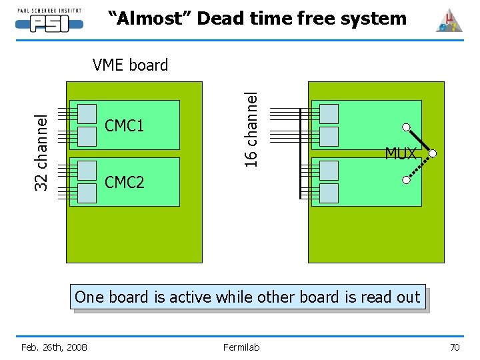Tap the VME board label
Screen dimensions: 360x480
[130, 65]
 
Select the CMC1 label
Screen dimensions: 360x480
[125, 125]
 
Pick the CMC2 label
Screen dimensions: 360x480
[125, 182]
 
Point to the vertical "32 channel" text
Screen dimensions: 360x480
[41, 153]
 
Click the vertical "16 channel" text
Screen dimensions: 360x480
[251, 129]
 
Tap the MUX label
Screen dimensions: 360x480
[400, 154]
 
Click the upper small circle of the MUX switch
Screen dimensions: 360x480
[405, 127]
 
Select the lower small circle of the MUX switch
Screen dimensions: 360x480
[405, 179]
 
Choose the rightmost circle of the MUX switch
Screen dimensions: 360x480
[433, 153]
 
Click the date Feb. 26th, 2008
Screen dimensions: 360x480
[54, 347]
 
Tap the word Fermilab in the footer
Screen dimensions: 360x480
[241, 347]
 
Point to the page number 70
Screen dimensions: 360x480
[455, 347]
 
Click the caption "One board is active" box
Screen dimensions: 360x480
[247, 297]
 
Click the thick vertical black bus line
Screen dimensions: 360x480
[301, 153]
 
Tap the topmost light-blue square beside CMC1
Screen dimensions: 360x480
[87, 113]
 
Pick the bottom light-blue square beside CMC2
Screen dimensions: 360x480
[87, 193]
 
